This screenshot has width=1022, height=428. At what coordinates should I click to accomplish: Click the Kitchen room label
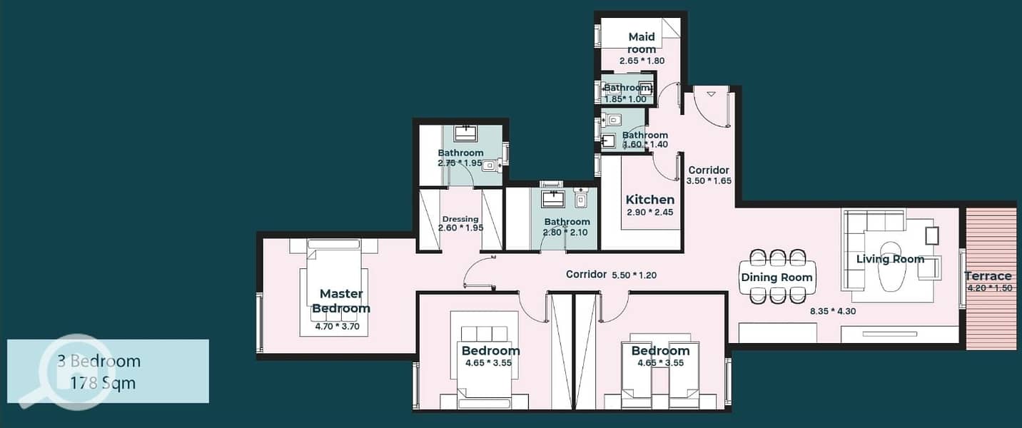click(649, 200)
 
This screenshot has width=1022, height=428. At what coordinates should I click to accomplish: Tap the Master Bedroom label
click(341, 301)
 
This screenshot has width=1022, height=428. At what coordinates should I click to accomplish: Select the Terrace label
click(988, 276)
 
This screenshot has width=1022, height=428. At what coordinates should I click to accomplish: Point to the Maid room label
click(642, 43)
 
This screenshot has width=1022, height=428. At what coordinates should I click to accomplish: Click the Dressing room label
click(460, 219)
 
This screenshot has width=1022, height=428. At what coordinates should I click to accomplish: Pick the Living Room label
click(890, 259)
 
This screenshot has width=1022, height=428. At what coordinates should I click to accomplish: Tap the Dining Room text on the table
click(776, 277)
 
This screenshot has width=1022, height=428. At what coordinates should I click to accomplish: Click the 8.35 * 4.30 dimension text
click(833, 311)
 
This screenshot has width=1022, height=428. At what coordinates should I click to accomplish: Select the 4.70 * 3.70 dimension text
click(337, 327)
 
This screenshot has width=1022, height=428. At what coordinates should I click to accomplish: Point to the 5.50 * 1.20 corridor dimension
click(634, 275)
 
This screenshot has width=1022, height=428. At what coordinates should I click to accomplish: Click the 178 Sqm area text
click(103, 383)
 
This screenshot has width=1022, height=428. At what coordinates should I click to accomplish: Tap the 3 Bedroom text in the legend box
click(99, 361)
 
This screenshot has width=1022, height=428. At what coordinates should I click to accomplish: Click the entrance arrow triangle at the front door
click(712, 94)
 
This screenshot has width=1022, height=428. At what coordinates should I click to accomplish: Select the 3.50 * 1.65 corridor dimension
click(709, 181)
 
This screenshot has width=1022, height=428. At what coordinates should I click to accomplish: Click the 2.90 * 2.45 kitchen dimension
click(649, 212)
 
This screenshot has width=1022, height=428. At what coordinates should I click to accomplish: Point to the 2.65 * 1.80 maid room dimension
click(642, 61)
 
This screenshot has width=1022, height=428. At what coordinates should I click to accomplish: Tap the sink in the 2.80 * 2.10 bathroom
click(553, 199)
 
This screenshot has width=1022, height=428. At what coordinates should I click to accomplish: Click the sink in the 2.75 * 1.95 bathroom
click(465, 134)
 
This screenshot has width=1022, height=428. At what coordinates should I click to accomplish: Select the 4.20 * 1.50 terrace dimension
click(990, 288)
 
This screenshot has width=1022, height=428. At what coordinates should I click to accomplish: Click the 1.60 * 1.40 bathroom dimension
click(645, 145)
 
